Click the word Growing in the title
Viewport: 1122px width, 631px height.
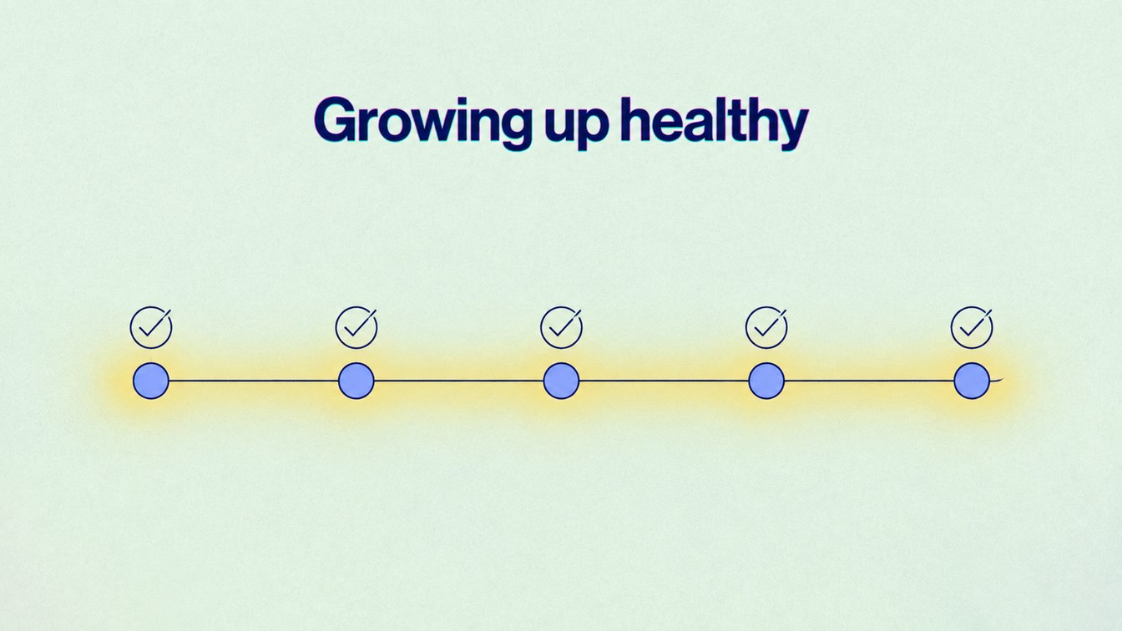tap(423, 123)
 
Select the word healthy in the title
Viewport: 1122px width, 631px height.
tap(715, 124)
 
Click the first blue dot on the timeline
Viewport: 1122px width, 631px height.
tap(151, 381)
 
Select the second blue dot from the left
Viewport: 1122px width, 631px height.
tap(356, 381)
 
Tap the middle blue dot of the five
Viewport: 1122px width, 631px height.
tap(562, 381)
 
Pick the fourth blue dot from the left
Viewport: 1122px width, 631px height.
tap(766, 381)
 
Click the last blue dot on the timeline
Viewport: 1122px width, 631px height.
tap(972, 381)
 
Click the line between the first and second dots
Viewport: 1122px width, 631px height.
tap(254, 381)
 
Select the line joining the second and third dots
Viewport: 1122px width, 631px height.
tap(459, 381)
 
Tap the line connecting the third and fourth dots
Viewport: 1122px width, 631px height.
tap(665, 381)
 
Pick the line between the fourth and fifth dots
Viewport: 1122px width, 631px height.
tap(869, 381)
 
